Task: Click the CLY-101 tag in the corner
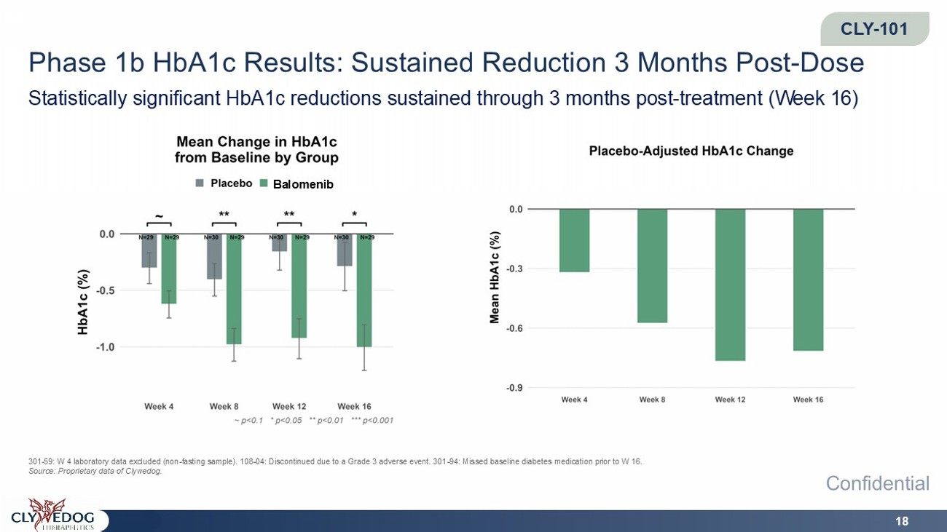tap(874, 28)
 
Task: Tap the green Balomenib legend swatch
tap(264, 183)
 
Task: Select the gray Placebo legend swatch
tap(200, 183)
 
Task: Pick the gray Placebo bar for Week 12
tap(280, 243)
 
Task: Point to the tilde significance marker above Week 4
tap(159, 217)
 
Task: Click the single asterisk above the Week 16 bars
tap(354, 215)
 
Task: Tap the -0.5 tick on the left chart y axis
tap(106, 291)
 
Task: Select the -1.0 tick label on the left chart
tap(106, 347)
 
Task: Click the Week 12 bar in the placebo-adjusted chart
tap(730, 285)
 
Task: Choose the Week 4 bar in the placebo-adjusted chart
tap(574, 241)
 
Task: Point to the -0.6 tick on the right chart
tap(515, 328)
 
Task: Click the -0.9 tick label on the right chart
tap(515, 388)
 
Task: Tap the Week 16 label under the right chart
tap(808, 400)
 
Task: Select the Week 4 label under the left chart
tap(159, 406)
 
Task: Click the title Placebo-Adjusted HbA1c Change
tap(691, 151)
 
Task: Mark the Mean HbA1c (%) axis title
tap(495, 277)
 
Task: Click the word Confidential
tap(878, 483)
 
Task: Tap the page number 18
tap(902, 521)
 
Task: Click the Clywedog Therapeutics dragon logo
tap(52, 514)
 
